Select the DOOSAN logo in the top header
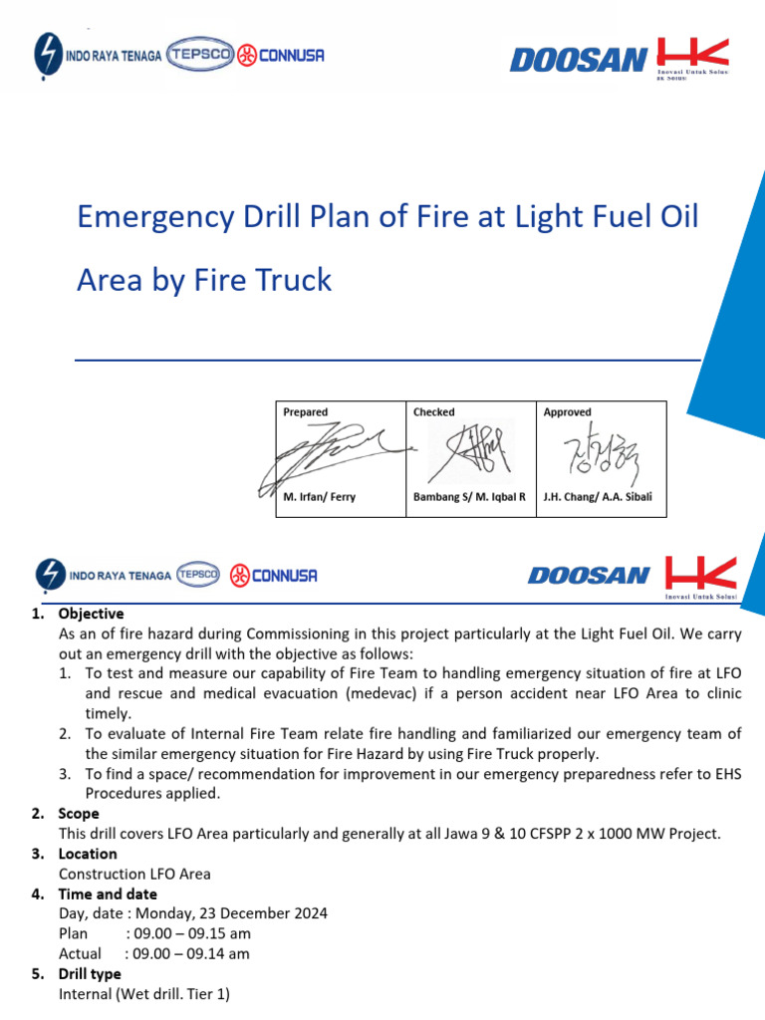point(579,60)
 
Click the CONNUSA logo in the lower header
point(274,575)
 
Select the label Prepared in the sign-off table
point(305,411)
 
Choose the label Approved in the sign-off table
point(567,411)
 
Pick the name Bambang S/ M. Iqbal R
point(469,497)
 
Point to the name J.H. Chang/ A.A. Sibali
point(598,497)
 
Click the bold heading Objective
point(91,614)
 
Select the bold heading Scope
point(79,814)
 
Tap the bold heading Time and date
point(108,893)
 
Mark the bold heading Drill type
point(90,973)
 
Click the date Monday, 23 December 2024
point(231,913)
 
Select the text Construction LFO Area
point(134,874)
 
